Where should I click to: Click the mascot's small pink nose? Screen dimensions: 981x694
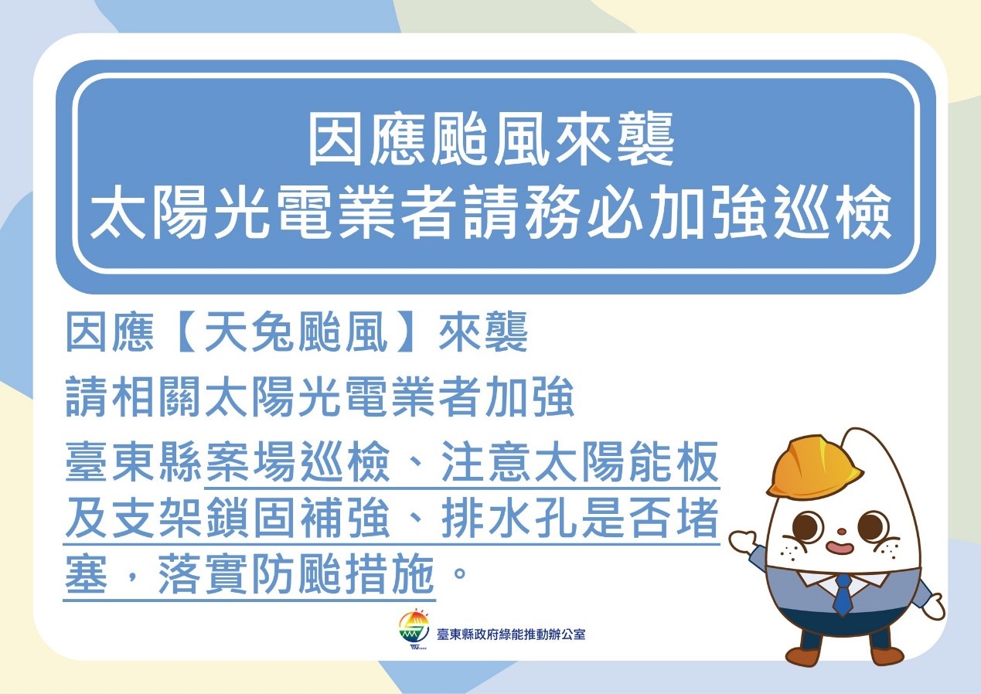pos(841,532)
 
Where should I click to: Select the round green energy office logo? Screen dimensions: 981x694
pos(414,628)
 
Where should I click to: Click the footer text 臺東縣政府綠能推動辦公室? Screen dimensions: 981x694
pos(510,634)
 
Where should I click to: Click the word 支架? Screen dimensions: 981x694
pos(157,519)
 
